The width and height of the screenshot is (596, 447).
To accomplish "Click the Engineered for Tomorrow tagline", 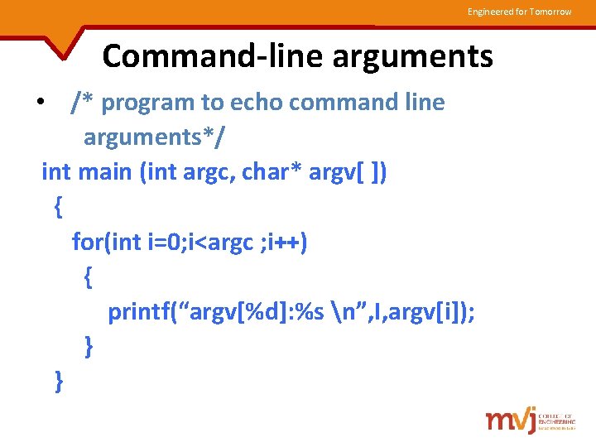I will point(519,12).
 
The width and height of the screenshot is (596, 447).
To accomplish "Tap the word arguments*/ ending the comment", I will point(153,137).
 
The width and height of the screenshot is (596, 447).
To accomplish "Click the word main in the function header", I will point(107,172).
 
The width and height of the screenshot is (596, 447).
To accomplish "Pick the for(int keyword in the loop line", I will point(108,242).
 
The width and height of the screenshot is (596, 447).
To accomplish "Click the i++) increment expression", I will point(287,242).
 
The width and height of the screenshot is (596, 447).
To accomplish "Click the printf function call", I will point(145,312).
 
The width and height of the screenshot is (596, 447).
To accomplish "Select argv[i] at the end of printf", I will point(431,312).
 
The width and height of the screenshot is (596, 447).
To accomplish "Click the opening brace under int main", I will point(57,207).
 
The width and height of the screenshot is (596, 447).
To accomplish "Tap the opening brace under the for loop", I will point(89,276).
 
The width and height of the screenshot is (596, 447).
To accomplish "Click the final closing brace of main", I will point(58,382).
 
